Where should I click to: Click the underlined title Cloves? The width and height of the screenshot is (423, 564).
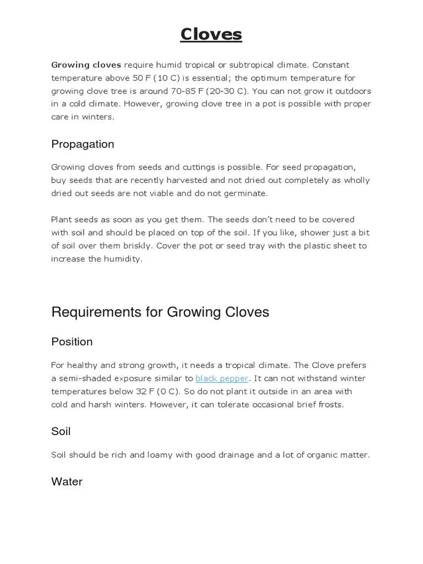click(x=211, y=35)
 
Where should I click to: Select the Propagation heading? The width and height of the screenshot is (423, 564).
click(x=83, y=144)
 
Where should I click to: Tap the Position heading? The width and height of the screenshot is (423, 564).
click(x=72, y=342)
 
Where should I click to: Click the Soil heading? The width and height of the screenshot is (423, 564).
click(x=61, y=431)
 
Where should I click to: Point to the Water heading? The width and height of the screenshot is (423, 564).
click(x=67, y=482)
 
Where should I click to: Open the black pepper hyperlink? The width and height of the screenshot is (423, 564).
click(x=222, y=378)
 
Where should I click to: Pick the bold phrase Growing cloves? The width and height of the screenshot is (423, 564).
click(x=86, y=65)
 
